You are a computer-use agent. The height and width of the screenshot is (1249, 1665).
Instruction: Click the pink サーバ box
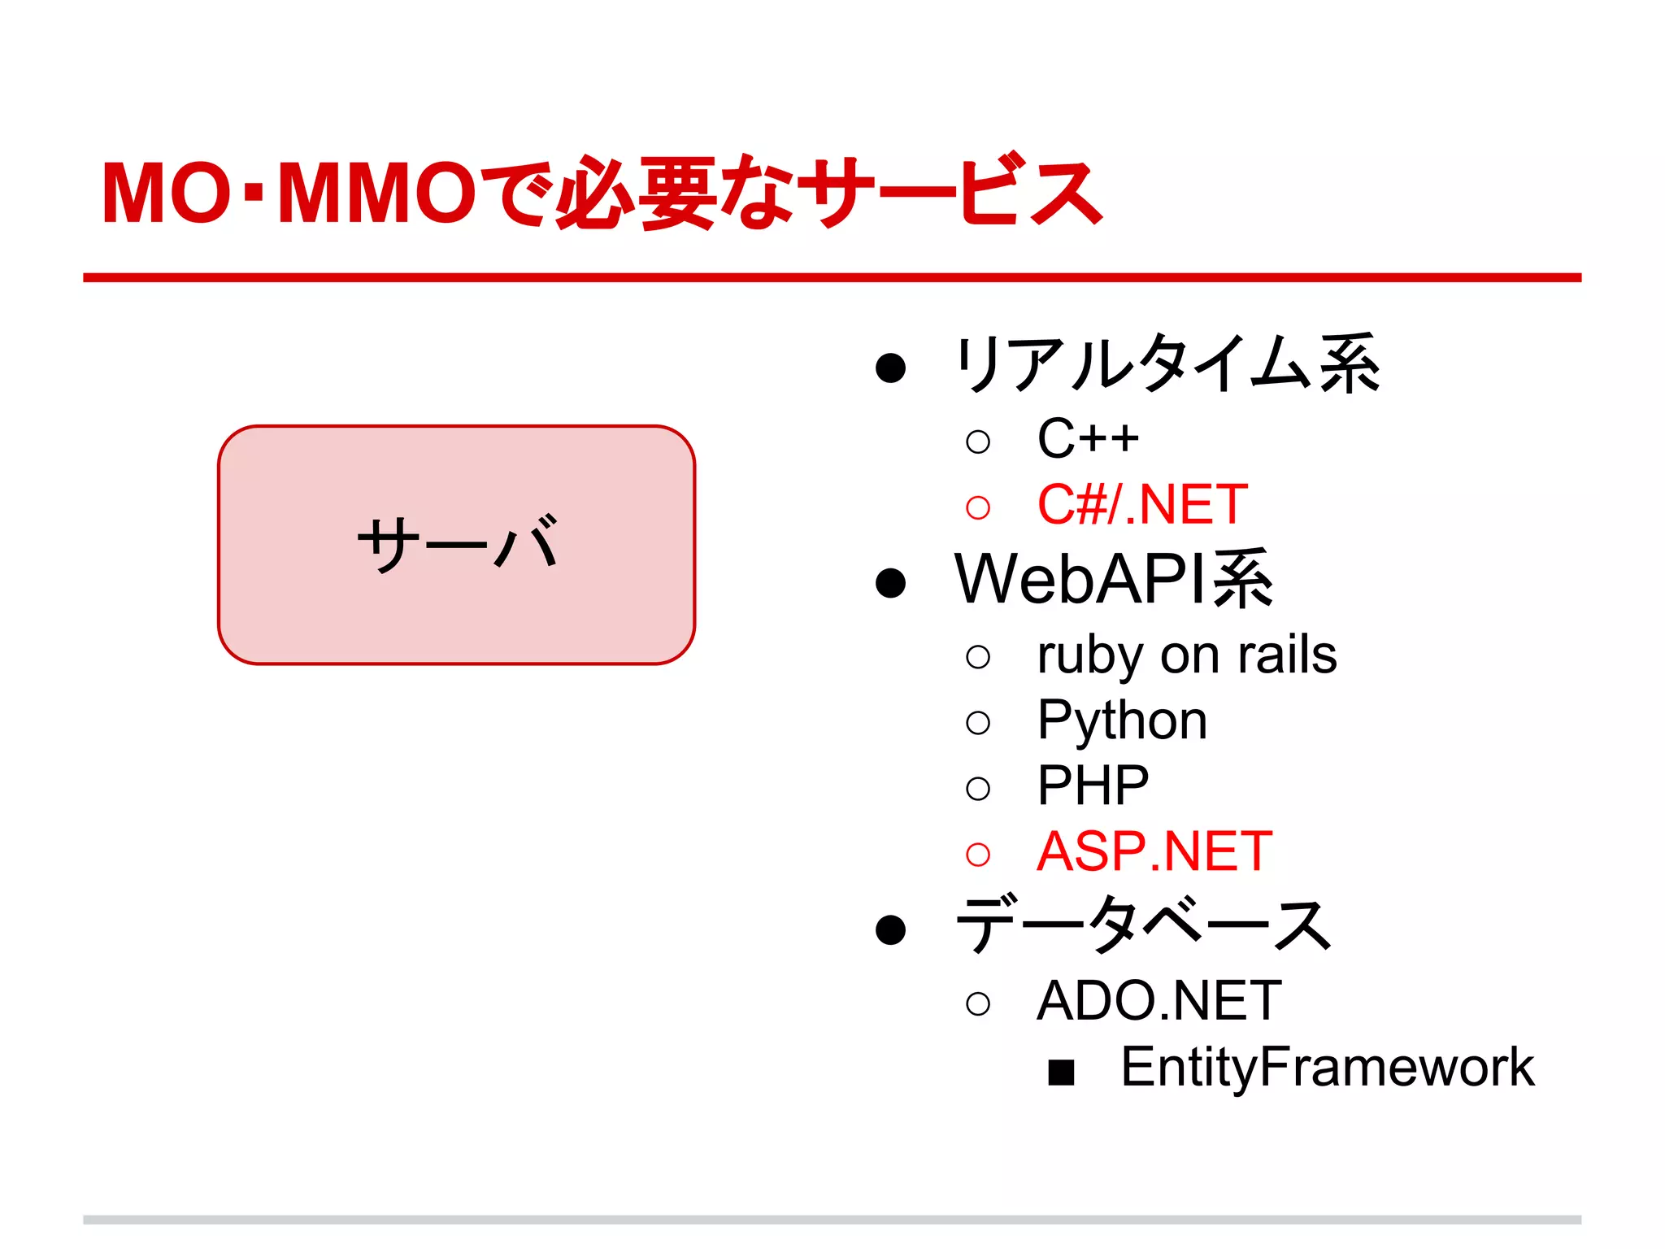coord(456,545)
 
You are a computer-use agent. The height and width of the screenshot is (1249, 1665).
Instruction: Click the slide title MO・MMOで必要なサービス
coord(602,194)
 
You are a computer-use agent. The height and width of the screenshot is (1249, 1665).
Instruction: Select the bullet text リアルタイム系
coord(1167,364)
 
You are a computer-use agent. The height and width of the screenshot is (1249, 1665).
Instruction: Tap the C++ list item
coord(1088,439)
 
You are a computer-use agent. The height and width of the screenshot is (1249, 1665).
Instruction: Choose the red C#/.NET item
coord(1142,505)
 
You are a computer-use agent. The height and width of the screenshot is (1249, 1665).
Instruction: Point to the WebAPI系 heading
coord(1114,580)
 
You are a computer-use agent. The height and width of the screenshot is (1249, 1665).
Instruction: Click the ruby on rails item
coord(1187,655)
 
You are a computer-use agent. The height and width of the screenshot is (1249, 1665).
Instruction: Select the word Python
coord(1122,721)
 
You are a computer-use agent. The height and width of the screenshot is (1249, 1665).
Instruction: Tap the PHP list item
coord(1093,786)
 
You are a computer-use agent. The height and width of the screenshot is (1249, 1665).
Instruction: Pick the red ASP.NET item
coord(1154,852)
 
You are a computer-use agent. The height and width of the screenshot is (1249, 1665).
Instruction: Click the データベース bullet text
coord(1143,926)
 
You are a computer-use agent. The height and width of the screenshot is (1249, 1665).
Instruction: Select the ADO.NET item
coord(1159,1001)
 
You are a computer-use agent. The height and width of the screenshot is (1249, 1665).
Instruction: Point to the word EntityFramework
coord(1327,1068)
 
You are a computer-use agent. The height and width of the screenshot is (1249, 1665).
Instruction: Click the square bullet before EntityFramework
coord(1061,1073)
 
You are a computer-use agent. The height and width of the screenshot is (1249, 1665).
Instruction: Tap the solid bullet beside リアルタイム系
coord(890,368)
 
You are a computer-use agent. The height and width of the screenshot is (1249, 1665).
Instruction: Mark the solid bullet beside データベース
coord(890,929)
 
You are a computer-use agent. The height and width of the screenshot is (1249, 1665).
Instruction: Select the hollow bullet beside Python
coord(978,723)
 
